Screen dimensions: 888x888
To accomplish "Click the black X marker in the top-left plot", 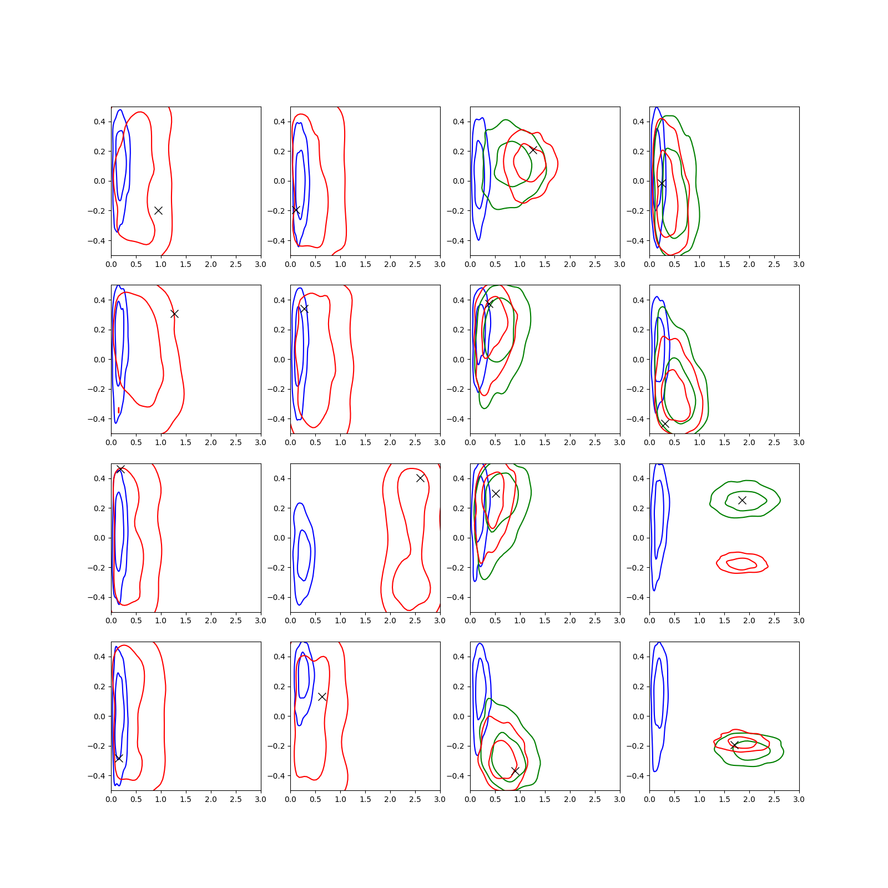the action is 158,210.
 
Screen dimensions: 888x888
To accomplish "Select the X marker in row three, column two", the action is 420,478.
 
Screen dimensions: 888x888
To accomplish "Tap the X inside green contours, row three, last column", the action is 742,500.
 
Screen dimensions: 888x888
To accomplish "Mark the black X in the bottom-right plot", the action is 734,745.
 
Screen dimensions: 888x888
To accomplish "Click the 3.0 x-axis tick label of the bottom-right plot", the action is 799,799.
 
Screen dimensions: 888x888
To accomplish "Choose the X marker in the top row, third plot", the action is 533,150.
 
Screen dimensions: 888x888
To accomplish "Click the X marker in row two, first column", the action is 174,314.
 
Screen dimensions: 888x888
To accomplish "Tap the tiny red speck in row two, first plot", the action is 119,410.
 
